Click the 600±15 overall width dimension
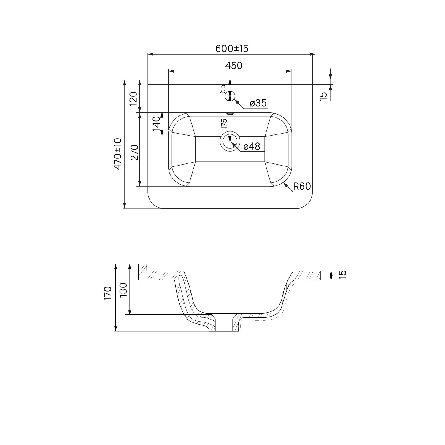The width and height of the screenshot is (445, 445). point(232,48)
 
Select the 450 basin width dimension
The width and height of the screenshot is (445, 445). point(234,65)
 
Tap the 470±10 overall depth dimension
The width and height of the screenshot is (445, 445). point(118,154)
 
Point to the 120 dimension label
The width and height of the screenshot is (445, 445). point(133,99)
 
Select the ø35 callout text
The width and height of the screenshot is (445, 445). point(258,103)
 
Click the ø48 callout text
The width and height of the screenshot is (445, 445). point(252,146)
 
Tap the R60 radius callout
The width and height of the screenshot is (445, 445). point(302,186)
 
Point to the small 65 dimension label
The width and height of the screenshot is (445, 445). point(223,89)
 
